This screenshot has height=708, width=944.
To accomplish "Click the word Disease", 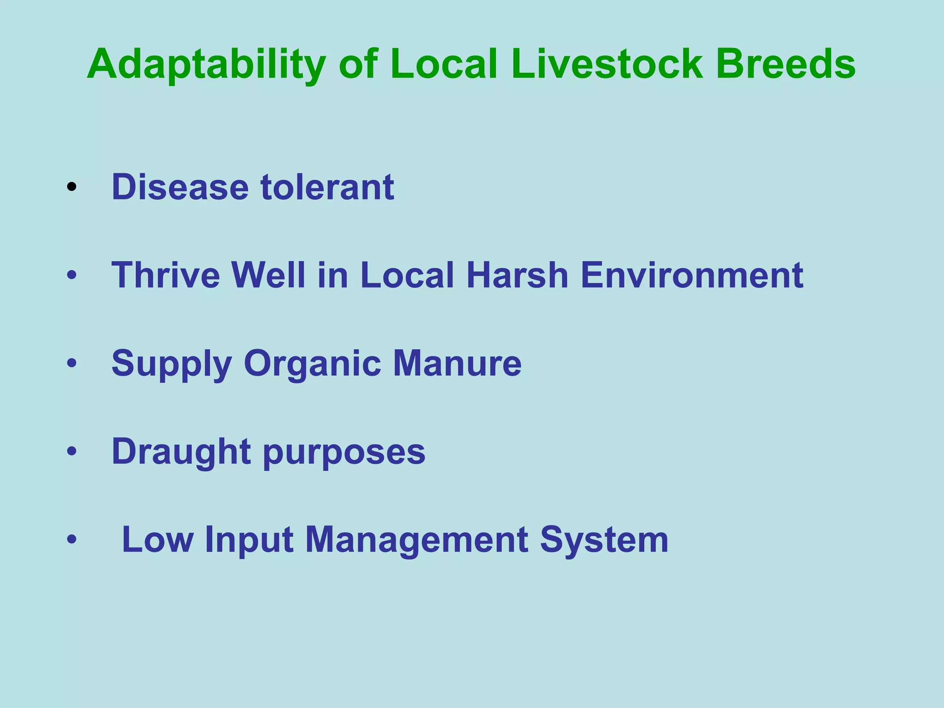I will [x=180, y=187].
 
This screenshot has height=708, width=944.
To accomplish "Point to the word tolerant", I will [x=327, y=187].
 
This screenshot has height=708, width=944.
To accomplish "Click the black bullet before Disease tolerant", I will [x=71, y=187].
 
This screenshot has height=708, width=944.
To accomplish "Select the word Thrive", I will [x=166, y=275].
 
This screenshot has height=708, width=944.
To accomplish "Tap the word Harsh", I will [x=517, y=275].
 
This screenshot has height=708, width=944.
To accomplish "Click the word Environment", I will [x=691, y=275].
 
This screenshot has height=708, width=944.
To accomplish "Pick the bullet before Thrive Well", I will [x=71, y=275].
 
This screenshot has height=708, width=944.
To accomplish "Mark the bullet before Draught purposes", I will [x=71, y=451].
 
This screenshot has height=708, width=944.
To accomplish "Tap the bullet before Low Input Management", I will [x=71, y=539].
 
